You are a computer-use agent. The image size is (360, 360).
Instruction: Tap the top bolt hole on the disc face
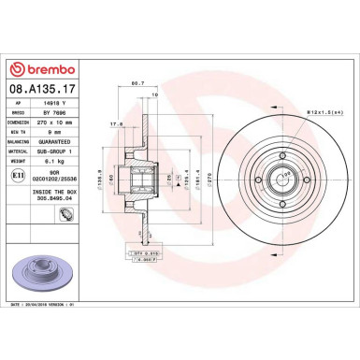coord(286,158)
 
